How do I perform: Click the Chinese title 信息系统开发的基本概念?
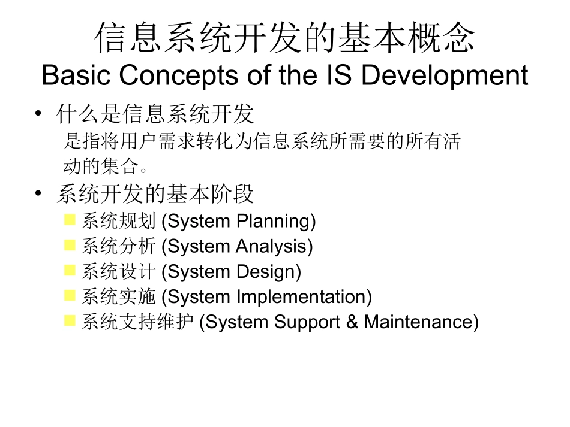tap(285, 38)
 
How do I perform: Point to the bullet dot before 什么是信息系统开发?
tap(39, 113)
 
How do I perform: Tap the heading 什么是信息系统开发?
tap(155, 113)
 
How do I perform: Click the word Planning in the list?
tap(275, 222)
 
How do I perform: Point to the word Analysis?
tap(274, 246)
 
